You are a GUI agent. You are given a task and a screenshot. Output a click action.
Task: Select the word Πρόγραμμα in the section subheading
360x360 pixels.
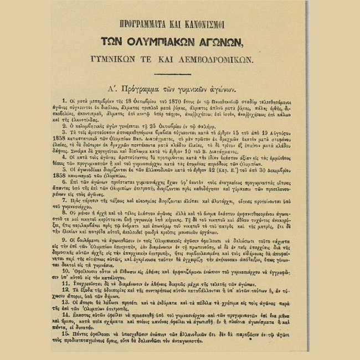[147, 89]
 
